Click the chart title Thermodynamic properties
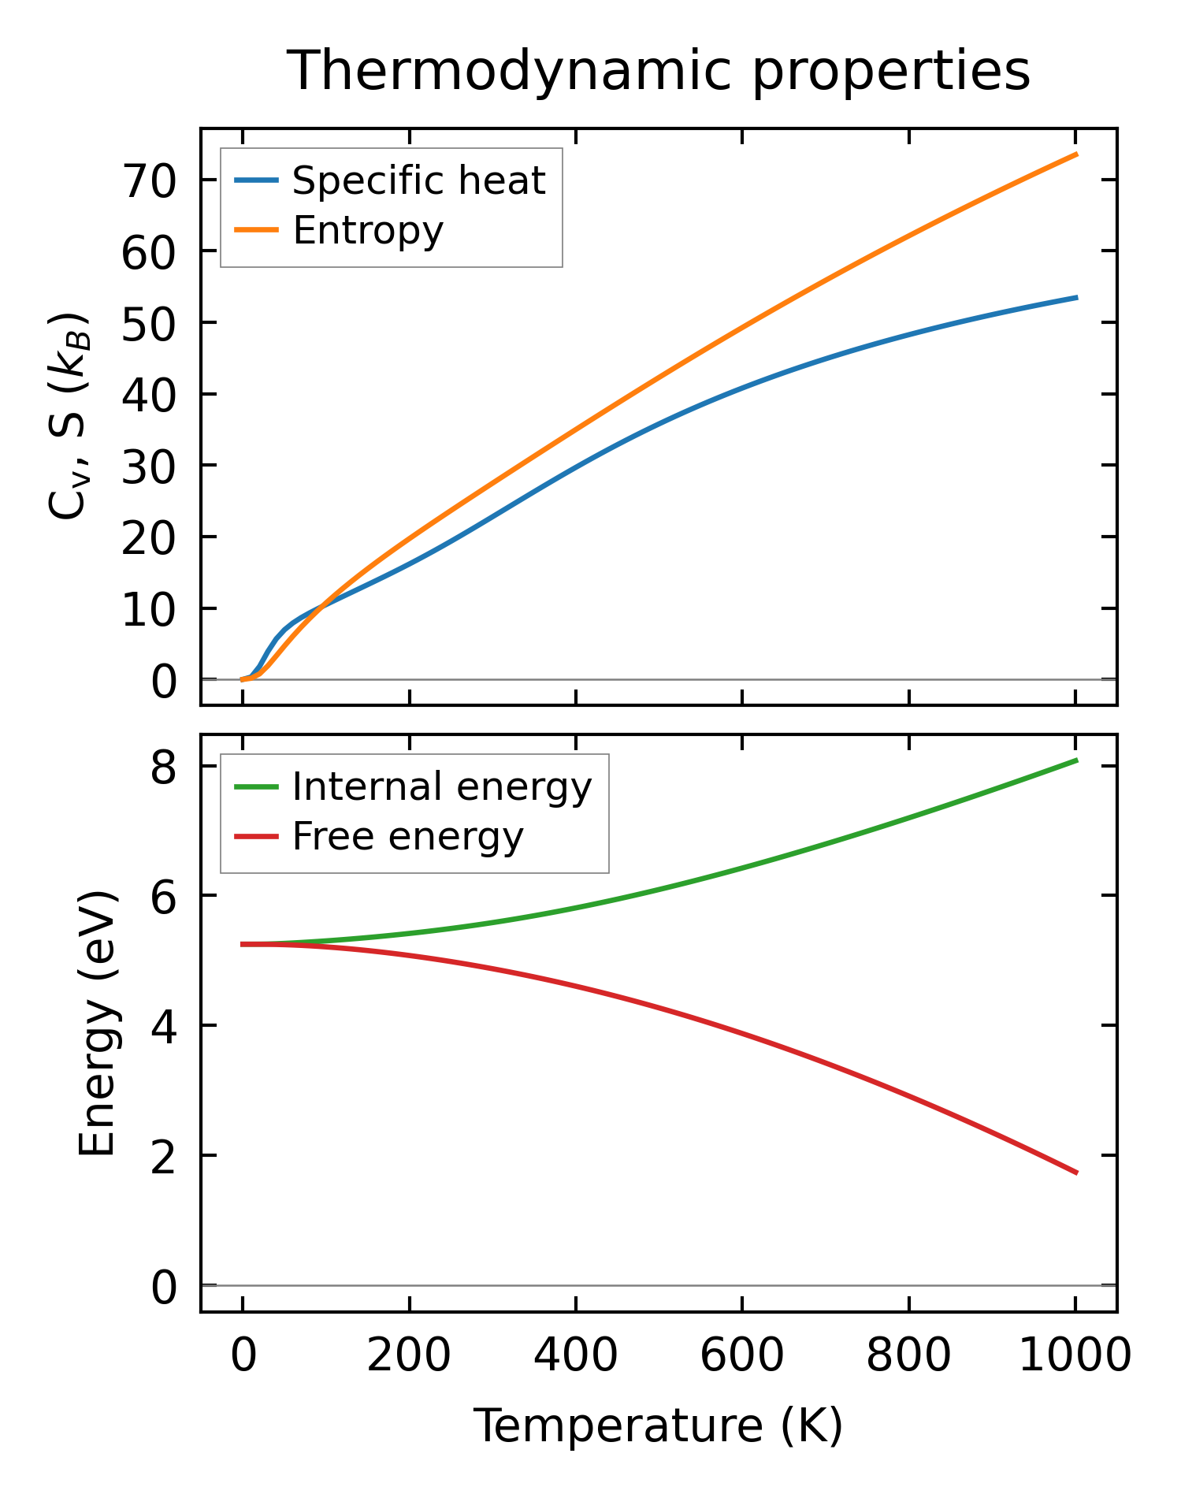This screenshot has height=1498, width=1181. coord(658,71)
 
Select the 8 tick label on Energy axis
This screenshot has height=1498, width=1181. coord(164,767)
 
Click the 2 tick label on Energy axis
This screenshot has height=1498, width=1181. coord(164,1156)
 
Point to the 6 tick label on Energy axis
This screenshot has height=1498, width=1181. coord(164,897)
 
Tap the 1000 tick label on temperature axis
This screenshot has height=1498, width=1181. coord(1075,1356)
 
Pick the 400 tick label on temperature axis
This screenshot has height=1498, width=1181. coord(576,1356)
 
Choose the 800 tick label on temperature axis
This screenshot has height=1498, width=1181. coord(908,1356)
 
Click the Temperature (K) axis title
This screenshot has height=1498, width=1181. coord(658,1426)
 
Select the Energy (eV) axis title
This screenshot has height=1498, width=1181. coord(98,1024)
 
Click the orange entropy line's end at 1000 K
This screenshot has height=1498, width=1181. coord(1076,154)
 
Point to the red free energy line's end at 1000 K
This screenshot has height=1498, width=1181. coord(1076,1173)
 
